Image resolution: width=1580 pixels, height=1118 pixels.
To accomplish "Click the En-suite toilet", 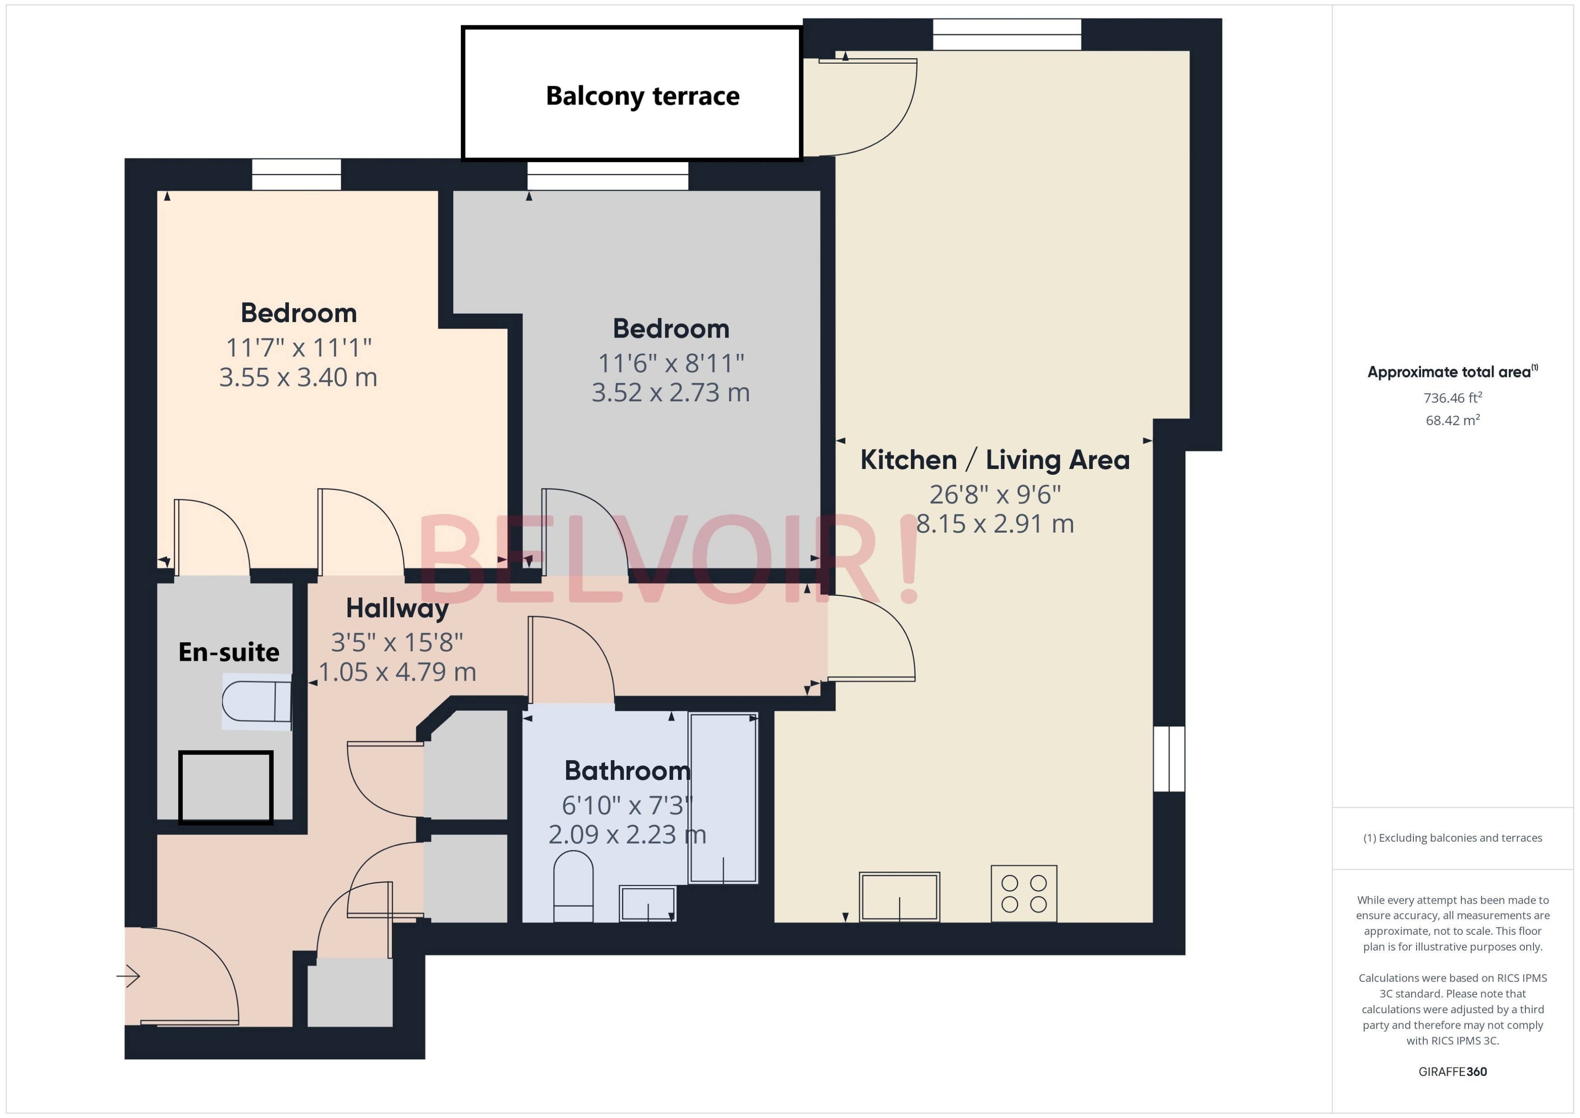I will (x=256, y=701).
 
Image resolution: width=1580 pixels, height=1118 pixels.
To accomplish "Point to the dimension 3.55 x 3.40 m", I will (x=297, y=377).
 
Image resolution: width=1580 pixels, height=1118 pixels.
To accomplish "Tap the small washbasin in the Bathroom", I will (x=647, y=903).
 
